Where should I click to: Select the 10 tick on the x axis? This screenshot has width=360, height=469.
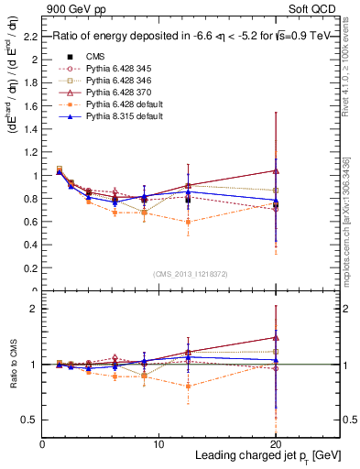click(158, 444)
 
